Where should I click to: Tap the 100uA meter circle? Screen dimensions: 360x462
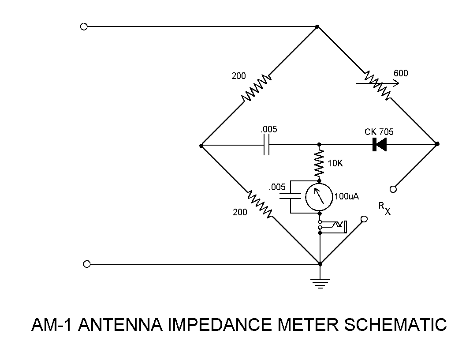tap(319, 197)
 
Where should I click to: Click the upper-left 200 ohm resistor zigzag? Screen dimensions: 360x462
tap(256, 88)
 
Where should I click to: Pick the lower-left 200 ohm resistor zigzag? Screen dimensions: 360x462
tap(259, 204)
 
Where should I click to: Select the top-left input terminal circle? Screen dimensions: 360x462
tap(84, 26)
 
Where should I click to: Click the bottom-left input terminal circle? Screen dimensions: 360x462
tap(87, 264)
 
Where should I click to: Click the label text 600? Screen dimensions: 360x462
tap(401, 73)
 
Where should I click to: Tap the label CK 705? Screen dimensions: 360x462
tap(379, 132)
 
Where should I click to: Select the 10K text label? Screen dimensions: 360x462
tap(335, 164)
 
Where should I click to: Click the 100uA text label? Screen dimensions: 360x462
tap(347, 196)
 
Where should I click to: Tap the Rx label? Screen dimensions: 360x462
tap(384, 208)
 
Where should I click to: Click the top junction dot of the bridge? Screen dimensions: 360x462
tap(317, 26)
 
